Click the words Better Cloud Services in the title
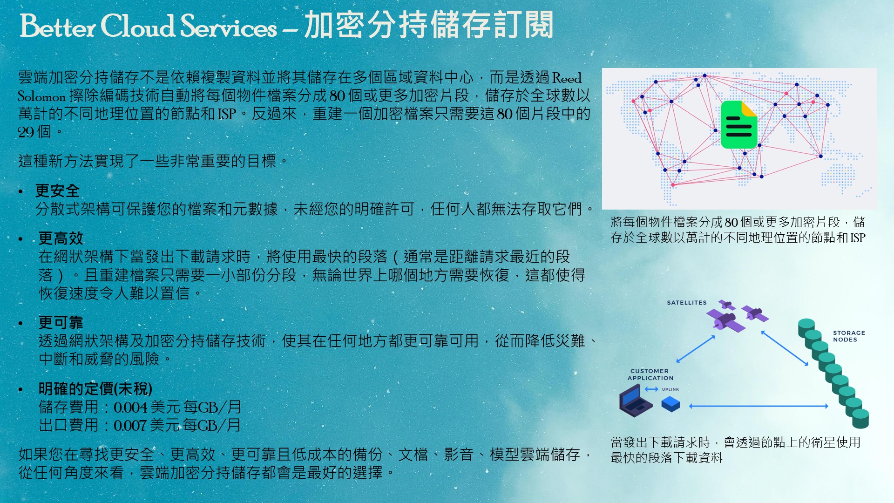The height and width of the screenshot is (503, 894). click(x=149, y=26)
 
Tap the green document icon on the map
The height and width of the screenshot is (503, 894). click(x=739, y=125)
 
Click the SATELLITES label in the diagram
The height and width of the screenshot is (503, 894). click(x=687, y=303)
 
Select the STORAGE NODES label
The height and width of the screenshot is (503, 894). click(x=849, y=336)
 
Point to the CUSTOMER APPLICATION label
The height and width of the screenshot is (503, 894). click(x=650, y=374)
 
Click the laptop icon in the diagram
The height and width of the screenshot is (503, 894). click(x=635, y=401)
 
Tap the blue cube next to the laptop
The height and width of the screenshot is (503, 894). click(x=670, y=404)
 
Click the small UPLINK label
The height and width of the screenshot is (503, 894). click(x=670, y=389)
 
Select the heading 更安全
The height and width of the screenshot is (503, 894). click(x=57, y=190)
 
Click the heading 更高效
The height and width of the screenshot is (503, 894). click(x=61, y=238)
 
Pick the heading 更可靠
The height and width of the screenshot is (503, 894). click(x=61, y=322)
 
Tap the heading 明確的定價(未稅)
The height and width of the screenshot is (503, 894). click(x=95, y=388)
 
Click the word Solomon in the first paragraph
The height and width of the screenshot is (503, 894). click(x=41, y=96)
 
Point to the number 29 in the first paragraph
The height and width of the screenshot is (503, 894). click(x=26, y=133)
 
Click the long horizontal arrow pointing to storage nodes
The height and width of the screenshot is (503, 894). click(x=759, y=406)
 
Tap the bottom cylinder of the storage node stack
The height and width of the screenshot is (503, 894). click(x=860, y=418)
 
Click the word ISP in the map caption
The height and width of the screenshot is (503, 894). click(x=858, y=238)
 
